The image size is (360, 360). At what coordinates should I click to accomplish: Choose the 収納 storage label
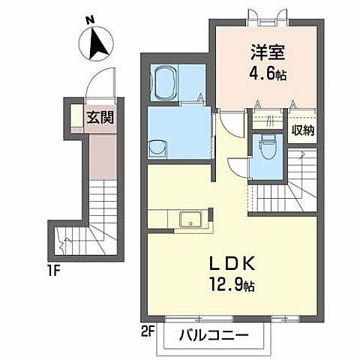[x=303, y=130]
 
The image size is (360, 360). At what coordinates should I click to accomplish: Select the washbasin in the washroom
[x=157, y=148]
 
